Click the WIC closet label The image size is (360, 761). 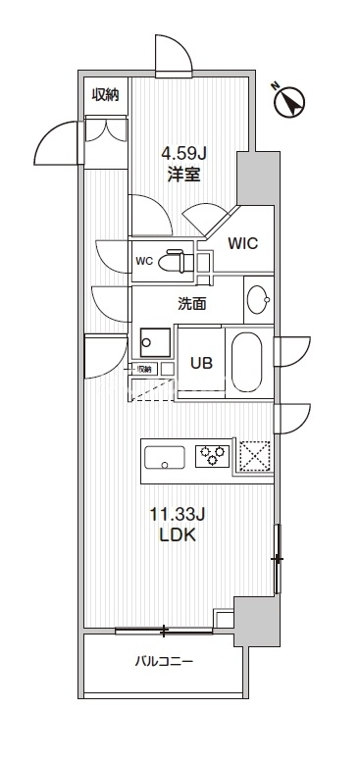pos(242,243)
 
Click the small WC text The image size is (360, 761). pos(143,262)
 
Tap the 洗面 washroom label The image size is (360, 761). pos(191,304)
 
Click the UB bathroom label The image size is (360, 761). pos(202,361)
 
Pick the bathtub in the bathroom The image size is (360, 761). pos(245,363)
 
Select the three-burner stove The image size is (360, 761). pos(213,455)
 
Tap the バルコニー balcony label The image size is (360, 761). pos(164,661)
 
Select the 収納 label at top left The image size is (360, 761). pos(106,94)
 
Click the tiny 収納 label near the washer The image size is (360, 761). pos(143,369)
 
